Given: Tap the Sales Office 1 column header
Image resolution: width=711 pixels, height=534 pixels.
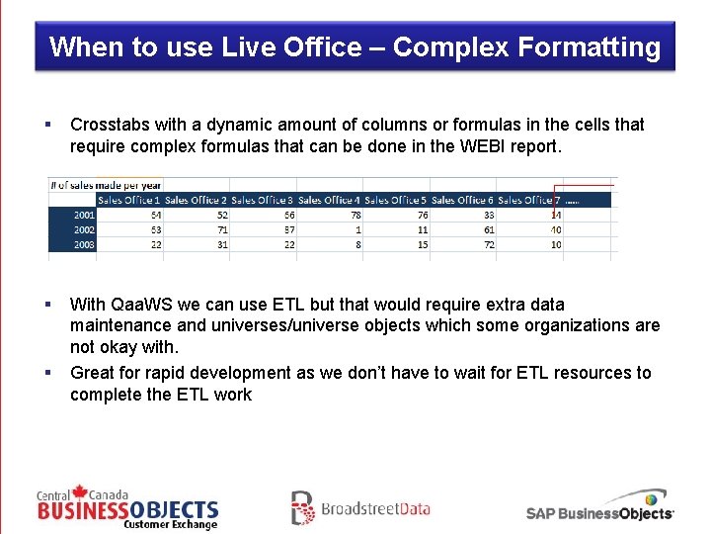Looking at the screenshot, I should (x=128, y=200).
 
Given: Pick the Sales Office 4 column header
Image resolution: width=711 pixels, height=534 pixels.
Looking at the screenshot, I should (x=329, y=200).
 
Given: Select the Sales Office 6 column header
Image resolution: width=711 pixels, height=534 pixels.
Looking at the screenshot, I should (x=462, y=200).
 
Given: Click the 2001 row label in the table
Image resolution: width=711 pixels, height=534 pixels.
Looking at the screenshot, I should (x=83, y=215).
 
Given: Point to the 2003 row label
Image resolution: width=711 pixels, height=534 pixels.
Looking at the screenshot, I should (x=83, y=244).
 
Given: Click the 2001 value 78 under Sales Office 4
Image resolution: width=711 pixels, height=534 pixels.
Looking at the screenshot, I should (x=355, y=215).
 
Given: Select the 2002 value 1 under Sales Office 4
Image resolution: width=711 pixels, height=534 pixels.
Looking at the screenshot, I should (x=357, y=229).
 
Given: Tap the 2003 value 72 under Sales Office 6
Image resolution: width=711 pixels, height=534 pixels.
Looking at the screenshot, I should (x=488, y=244).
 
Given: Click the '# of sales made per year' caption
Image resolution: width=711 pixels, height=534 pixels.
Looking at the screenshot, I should (x=107, y=185).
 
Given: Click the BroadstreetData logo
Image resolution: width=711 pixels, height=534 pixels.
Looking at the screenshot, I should (x=360, y=508).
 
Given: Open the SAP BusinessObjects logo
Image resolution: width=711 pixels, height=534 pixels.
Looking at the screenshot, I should (x=599, y=508).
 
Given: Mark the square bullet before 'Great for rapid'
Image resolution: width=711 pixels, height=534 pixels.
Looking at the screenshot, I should (x=46, y=373).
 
